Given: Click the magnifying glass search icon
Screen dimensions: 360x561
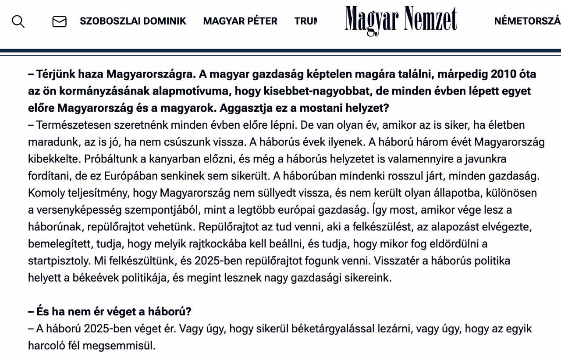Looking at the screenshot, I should pyautogui.click(x=18, y=21).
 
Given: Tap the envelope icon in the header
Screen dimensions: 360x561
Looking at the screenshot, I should pyautogui.click(x=59, y=21).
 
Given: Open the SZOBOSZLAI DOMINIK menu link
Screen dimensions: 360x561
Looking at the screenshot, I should pyautogui.click(x=133, y=21).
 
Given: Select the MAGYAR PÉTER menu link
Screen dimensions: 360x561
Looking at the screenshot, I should pyautogui.click(x=240, y=21).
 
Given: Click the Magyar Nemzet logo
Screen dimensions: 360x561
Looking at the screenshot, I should pyautogui.click(x=401, y=20).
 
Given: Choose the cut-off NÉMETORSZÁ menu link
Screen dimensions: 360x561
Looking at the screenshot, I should pyautogui.click(x=527, y=21).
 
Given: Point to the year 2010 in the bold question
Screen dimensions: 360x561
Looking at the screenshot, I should pyautogui.click(x=504, y=74).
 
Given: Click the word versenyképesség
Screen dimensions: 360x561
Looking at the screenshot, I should pyautogui.click(x=77, y=210).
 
